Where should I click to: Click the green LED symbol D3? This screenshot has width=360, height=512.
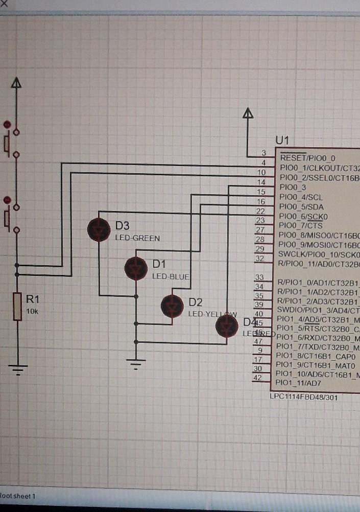(99, 229)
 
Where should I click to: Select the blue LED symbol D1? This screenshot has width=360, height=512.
(136, 268)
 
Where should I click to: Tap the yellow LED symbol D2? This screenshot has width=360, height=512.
(172, 306)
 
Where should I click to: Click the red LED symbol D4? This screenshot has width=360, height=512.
(227, 326)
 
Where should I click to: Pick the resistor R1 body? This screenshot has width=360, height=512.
(17, 306)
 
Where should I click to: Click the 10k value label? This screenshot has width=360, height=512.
(32, 311)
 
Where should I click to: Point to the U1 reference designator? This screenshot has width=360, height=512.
(282, 140)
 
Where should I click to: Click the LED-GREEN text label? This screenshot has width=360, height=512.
(137, 238)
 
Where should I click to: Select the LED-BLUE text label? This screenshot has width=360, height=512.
(171, 276)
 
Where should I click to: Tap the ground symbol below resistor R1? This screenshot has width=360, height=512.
(17, 369)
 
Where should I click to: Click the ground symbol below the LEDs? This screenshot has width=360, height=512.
(136, 364)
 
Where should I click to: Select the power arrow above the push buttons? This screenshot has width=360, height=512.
(17, 83)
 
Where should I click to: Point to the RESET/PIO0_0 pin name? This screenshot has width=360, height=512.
(307, 158)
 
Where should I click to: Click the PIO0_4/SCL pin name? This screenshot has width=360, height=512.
(301, 197)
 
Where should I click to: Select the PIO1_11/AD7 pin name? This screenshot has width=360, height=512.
(298, 383)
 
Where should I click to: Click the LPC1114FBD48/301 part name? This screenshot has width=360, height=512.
(303, 397)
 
